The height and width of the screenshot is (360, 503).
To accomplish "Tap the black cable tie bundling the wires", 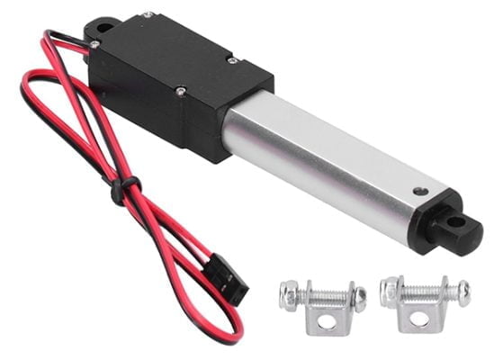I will [118, 190].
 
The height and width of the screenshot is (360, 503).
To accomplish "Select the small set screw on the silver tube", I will [420, 191].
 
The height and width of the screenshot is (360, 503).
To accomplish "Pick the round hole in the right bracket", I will [420, 318].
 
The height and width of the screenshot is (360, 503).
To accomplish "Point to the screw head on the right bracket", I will [462, 290].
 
